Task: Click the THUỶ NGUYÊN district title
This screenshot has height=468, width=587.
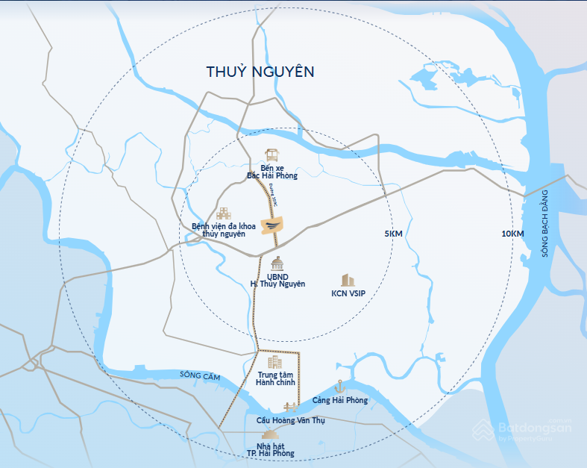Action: tap(260, 72)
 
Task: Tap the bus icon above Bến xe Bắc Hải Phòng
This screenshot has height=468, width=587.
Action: tap(272, 156)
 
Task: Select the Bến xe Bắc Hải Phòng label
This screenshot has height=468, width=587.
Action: tap(272, 172)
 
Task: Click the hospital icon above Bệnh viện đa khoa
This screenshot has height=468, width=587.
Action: tap(224, 213)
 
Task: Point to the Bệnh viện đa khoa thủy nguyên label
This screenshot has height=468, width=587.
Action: tap(224, 230)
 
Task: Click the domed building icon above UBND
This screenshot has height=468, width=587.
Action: tap(277, 263)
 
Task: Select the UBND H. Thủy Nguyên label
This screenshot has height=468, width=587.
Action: tap(277, 281)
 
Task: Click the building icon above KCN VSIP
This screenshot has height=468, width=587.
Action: tap(348, 280)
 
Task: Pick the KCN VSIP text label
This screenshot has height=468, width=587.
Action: tap(349, 293)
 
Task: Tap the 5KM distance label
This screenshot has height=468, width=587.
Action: tap(393, 234)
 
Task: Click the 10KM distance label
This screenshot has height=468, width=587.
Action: tap(512, 234)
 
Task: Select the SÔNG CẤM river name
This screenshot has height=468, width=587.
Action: tap(200, 375)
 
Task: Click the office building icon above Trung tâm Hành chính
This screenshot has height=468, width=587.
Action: tap(275, 362)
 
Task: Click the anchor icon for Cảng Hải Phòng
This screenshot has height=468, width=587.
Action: tap(340, 387)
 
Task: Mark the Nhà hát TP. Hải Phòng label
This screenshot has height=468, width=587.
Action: tap(271, 449)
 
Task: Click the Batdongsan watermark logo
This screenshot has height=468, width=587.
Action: tap(524, 430)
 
